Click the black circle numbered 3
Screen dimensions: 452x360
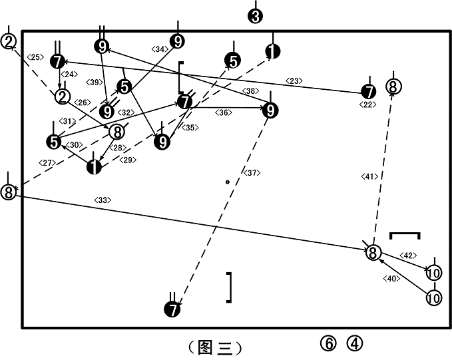tap(256, 16)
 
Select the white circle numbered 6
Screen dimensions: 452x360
tap(328, 343)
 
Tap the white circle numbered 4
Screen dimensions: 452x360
tap(355, 343)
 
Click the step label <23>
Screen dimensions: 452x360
tap(294, 81)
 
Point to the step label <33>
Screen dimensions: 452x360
tap(103, 200)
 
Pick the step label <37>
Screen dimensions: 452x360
tap(252, 173)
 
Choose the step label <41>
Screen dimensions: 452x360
tap(369, 176)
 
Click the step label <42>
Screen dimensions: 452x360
tap(408, 256)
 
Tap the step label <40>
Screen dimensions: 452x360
tap(391, 278)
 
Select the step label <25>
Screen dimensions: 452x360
tap(35, 57)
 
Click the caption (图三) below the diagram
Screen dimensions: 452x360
tap(215, 348)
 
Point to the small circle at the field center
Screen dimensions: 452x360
tap(228, 182)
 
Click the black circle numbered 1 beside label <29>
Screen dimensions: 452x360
tap(94, 167)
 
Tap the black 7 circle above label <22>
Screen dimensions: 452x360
tap(369, 92)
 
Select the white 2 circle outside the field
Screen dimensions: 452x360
tap(9, 42)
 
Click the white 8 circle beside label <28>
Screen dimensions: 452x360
tap(117, 132)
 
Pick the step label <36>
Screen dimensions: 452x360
tap(224, 112)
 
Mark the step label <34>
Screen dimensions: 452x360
tap(160, 49)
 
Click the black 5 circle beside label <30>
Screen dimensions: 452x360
tap(54, 142)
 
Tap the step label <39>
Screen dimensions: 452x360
tap(95, 82)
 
